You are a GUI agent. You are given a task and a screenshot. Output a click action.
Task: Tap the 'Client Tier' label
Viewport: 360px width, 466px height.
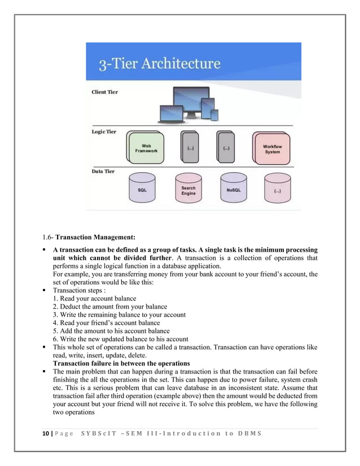tap(105, 93)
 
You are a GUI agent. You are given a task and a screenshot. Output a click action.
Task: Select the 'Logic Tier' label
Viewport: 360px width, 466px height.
tap(104, 131)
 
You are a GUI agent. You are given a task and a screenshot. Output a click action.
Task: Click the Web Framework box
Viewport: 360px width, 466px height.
tap(146, 149)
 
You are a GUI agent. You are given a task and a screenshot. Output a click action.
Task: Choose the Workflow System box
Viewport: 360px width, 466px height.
tap(272, 149)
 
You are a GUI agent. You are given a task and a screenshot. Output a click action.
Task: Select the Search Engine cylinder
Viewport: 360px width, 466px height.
tap(188, 191)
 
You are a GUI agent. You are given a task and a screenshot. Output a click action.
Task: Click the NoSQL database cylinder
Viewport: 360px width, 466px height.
tap(234, 191)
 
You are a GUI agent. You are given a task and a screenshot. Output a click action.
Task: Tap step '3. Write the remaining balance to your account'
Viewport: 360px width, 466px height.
tap(119, 314)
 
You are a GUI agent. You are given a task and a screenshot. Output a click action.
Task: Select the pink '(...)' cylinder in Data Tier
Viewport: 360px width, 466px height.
tap(278, 191)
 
